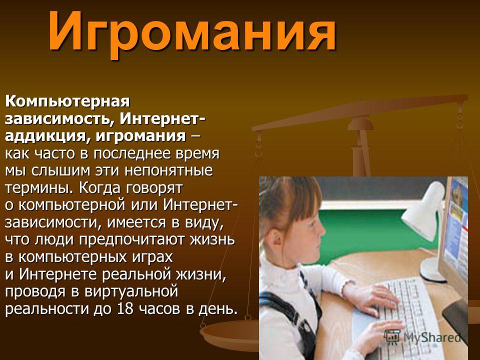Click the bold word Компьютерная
click(67, 102)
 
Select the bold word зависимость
click(58, 119)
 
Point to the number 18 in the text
click(125, 309)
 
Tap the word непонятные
click(168, 171)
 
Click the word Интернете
click(58, 274)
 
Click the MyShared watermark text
click(432, 337)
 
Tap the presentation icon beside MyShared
click(392, 336)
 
